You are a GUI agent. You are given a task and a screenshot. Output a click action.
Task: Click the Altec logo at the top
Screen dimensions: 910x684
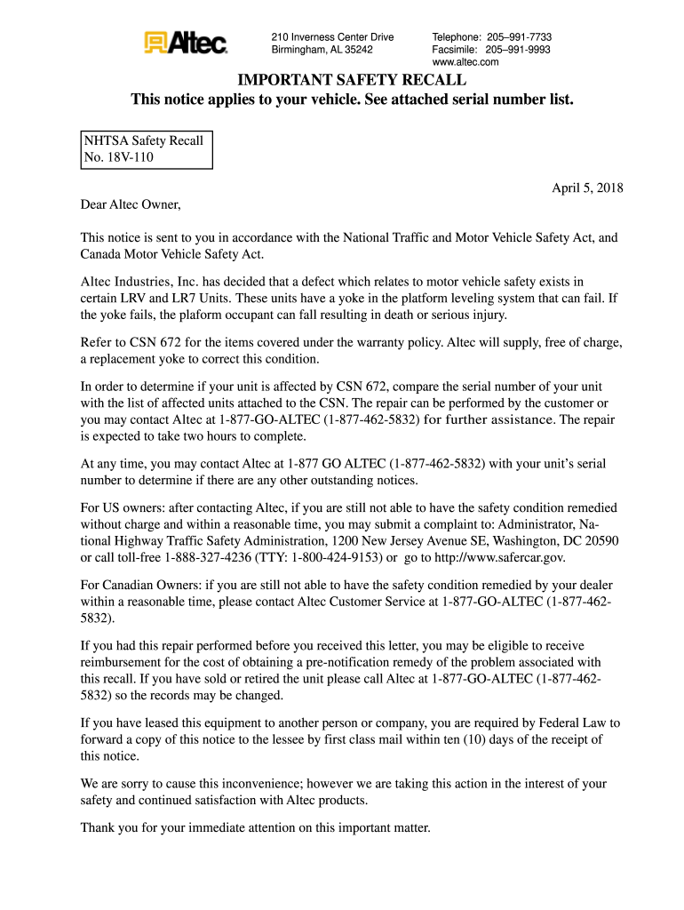click(186, 43)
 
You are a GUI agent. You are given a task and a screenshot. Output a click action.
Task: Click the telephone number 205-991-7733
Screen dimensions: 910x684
click(519, 37)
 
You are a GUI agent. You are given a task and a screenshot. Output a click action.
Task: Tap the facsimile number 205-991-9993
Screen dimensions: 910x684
click(519, 50)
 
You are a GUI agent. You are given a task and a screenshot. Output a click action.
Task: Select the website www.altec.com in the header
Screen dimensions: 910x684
click(465, 62)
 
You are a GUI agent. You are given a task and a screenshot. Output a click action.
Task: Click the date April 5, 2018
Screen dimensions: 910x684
click(587, 188)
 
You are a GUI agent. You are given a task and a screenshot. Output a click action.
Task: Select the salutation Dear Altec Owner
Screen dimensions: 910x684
click(131, 206)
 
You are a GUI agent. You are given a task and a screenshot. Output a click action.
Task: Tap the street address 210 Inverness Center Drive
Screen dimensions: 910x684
click(332, 37)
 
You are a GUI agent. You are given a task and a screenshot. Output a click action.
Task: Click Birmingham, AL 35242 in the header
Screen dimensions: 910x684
click(322, 50)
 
